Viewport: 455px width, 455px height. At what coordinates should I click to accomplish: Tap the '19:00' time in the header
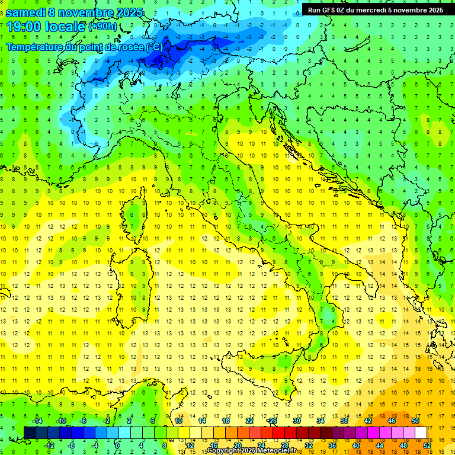point(24,26)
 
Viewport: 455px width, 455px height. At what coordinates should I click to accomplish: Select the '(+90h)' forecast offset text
point(102,27)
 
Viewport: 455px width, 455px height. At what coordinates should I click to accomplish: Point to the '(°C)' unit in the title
point(155,47)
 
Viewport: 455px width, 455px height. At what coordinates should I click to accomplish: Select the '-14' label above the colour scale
point(37,421)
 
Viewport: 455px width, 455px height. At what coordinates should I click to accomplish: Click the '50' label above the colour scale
point(415,421)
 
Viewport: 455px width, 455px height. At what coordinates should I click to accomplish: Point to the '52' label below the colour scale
point(427,446)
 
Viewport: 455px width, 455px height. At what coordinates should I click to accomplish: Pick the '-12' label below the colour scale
point(49,446)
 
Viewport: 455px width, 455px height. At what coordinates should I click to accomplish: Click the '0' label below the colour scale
point(117,446)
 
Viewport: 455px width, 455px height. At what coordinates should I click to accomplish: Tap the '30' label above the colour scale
point(297,421)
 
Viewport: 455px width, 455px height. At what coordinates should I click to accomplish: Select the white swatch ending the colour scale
point(421,433)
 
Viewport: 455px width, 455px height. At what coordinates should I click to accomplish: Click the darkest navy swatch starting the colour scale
point(30,433)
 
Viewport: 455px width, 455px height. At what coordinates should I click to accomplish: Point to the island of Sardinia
point(136,278)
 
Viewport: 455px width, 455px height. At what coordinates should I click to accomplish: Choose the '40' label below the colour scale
point(356,446)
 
